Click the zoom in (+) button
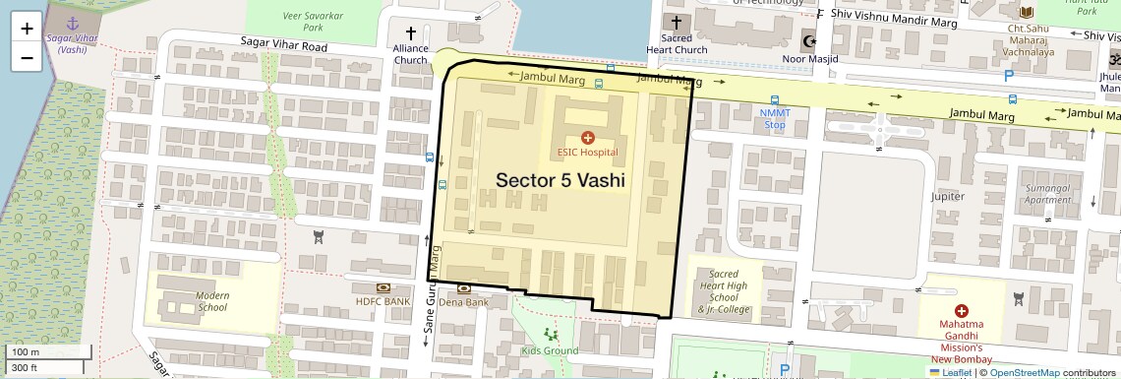click(27, 29)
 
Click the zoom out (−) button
click(27, 58)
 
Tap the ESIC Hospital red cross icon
click(588, 137)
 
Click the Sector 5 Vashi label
click(560, 181)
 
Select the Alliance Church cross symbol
click(411, 33)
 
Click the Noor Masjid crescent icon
click(811, 42)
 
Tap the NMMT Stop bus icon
click(775, 100)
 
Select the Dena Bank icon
click(463, 288)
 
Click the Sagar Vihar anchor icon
click(71, 22)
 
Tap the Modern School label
click(211, 301)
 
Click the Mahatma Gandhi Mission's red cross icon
click(961, 310)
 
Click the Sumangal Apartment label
click(1047, 193)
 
